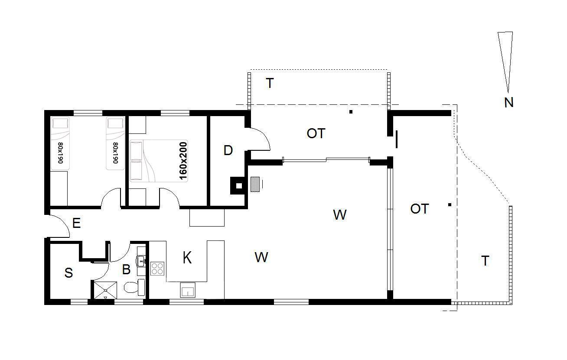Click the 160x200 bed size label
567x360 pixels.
[x=183, y=161]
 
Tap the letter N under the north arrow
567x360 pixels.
[x=509, y=103]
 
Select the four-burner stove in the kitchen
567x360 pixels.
[x=157, y=269]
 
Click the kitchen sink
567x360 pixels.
[x=188, y=290]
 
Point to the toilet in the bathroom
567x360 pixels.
[x=134, y=287]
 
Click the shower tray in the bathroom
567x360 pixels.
[x=105, y=290]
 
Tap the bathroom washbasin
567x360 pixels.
[x=141, y=261]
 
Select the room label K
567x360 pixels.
[x=187, y=258]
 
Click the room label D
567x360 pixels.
[x=228, y=150]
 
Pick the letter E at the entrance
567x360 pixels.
[x=76, y=224]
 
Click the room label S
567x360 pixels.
[x=68, y=273]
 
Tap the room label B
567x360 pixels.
[x=126, y=269]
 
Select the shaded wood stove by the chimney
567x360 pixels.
[x=255, y=185]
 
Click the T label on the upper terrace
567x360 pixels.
[x=270, y=83]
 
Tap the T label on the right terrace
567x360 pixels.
[x=485, y=261]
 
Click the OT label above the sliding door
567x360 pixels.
[x=316, y=133]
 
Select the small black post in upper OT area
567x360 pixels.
[x=351, y=112]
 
